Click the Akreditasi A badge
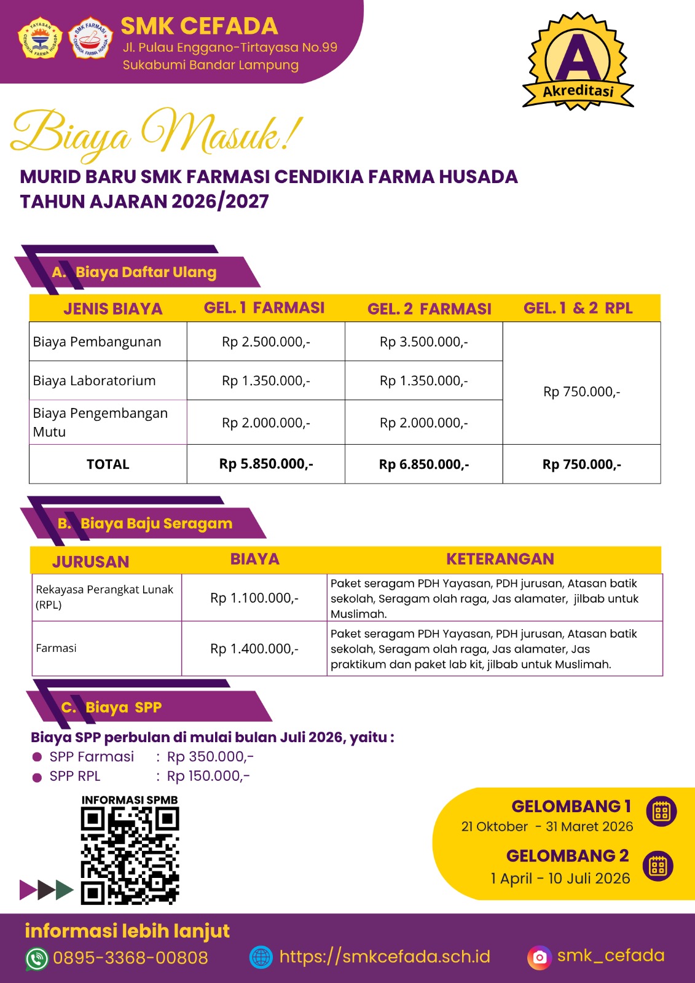point(578,61)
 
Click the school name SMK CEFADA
point(199,26)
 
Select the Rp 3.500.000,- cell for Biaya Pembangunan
point(423,342)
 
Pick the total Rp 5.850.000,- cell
point(266,464)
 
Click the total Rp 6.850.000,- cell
point(423,464)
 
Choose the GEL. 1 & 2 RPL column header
point(578,308)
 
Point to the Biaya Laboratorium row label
point(95,380)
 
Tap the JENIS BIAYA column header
point(112,308)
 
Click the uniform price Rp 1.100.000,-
point(254,598)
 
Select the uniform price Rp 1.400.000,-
point(254,648)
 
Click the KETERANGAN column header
point(500,559)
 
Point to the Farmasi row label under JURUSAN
point(57,648)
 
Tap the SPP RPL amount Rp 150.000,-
point(208,776)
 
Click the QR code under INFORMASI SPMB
point(130,856)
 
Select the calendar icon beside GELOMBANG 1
point(661,812)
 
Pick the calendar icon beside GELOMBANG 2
point(658,866)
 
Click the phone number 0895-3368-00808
point(130,957)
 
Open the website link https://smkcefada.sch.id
point(385,957)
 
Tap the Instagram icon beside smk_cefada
point(540,957)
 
